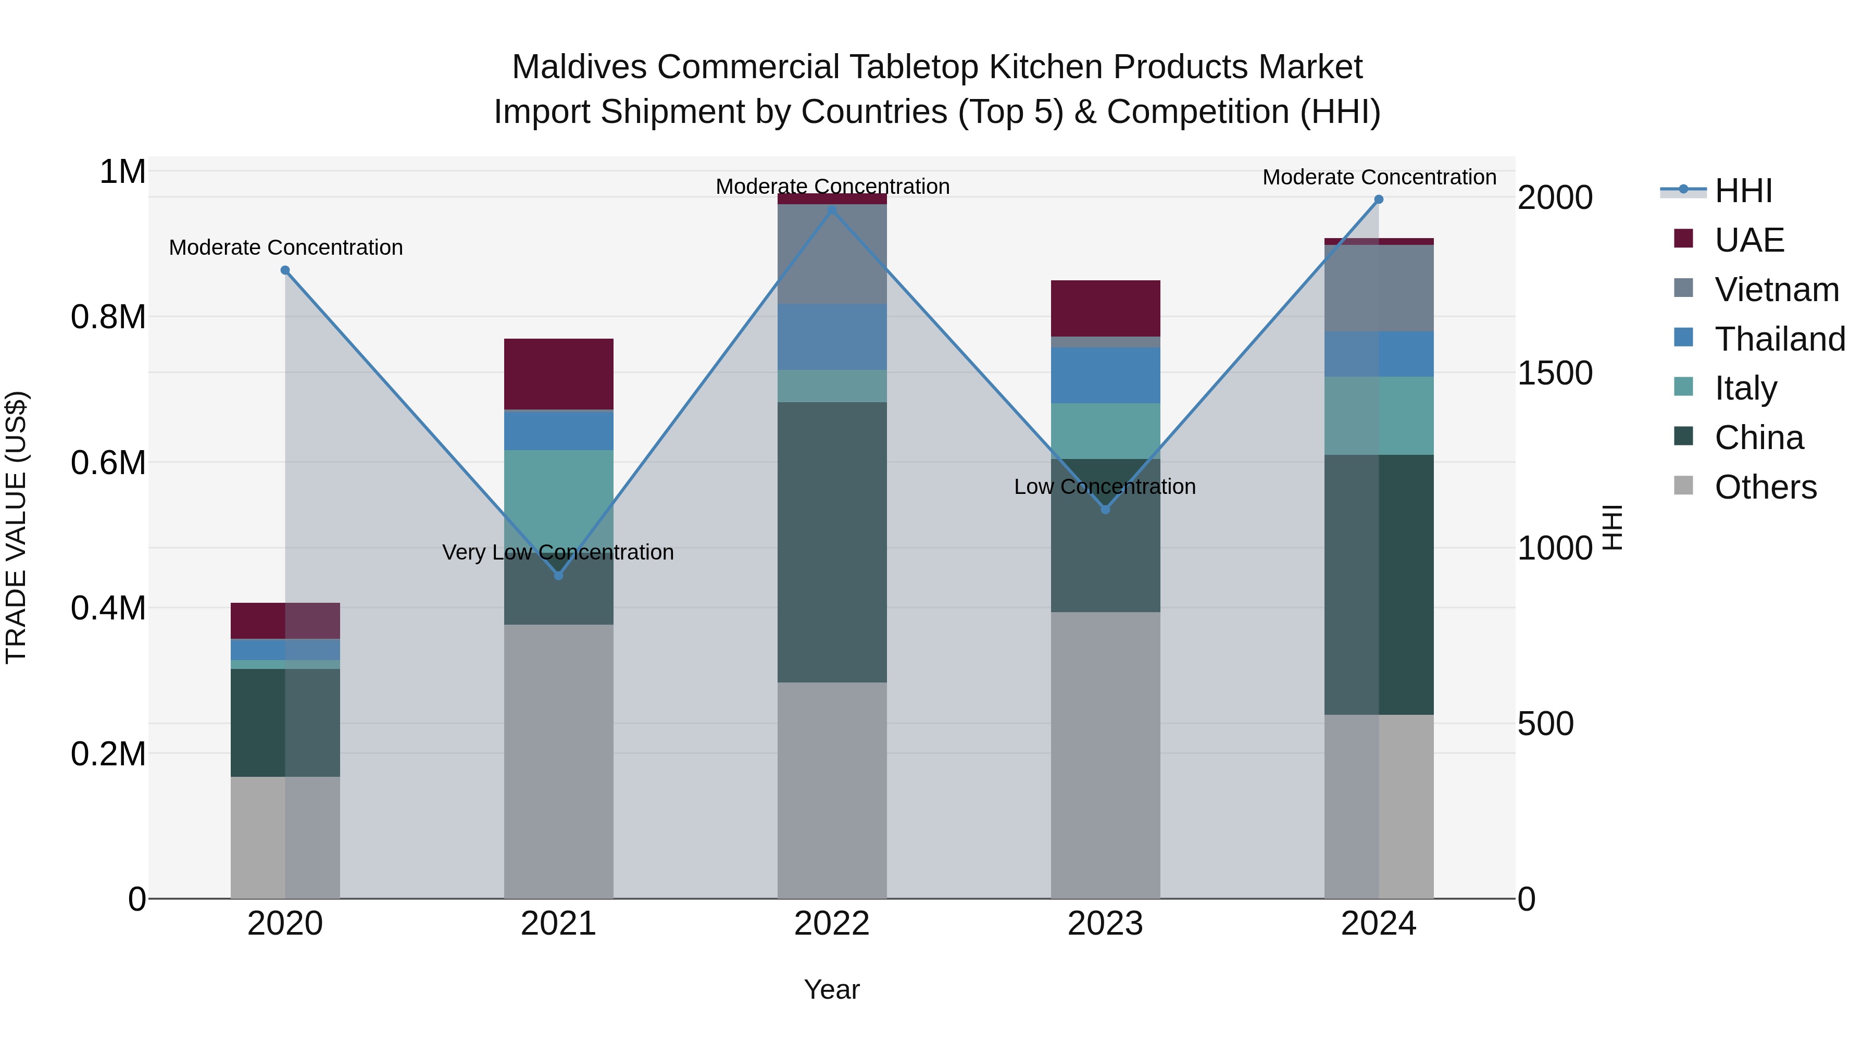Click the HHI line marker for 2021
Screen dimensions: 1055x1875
[558, 575]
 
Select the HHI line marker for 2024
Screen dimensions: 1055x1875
[1379, 200]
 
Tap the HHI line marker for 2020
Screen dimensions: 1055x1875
[285, 270]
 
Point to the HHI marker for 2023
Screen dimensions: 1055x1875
[1105, 510]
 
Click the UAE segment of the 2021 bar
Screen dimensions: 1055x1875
[558, 374]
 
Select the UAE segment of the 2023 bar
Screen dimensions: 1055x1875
[1105, 308]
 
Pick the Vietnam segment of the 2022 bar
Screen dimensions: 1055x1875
[832, 254]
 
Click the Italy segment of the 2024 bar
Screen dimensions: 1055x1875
[1379, 416]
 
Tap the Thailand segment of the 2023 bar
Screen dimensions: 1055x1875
[1105, 375]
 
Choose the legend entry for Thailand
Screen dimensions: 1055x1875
[1779, 339]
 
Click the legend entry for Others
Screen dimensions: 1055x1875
[1765, 487]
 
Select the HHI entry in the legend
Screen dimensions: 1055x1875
[1743, 191]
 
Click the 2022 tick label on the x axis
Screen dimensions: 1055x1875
[832, 924]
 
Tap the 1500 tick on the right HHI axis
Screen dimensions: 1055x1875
[1555, 373]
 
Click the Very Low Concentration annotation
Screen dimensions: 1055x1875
[558, 552]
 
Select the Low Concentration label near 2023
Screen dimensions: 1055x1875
[1105, 487]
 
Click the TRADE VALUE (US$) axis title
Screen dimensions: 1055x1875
[16, 527]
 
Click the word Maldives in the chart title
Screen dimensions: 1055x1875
[579, 67]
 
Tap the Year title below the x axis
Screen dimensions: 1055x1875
[832, 989]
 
